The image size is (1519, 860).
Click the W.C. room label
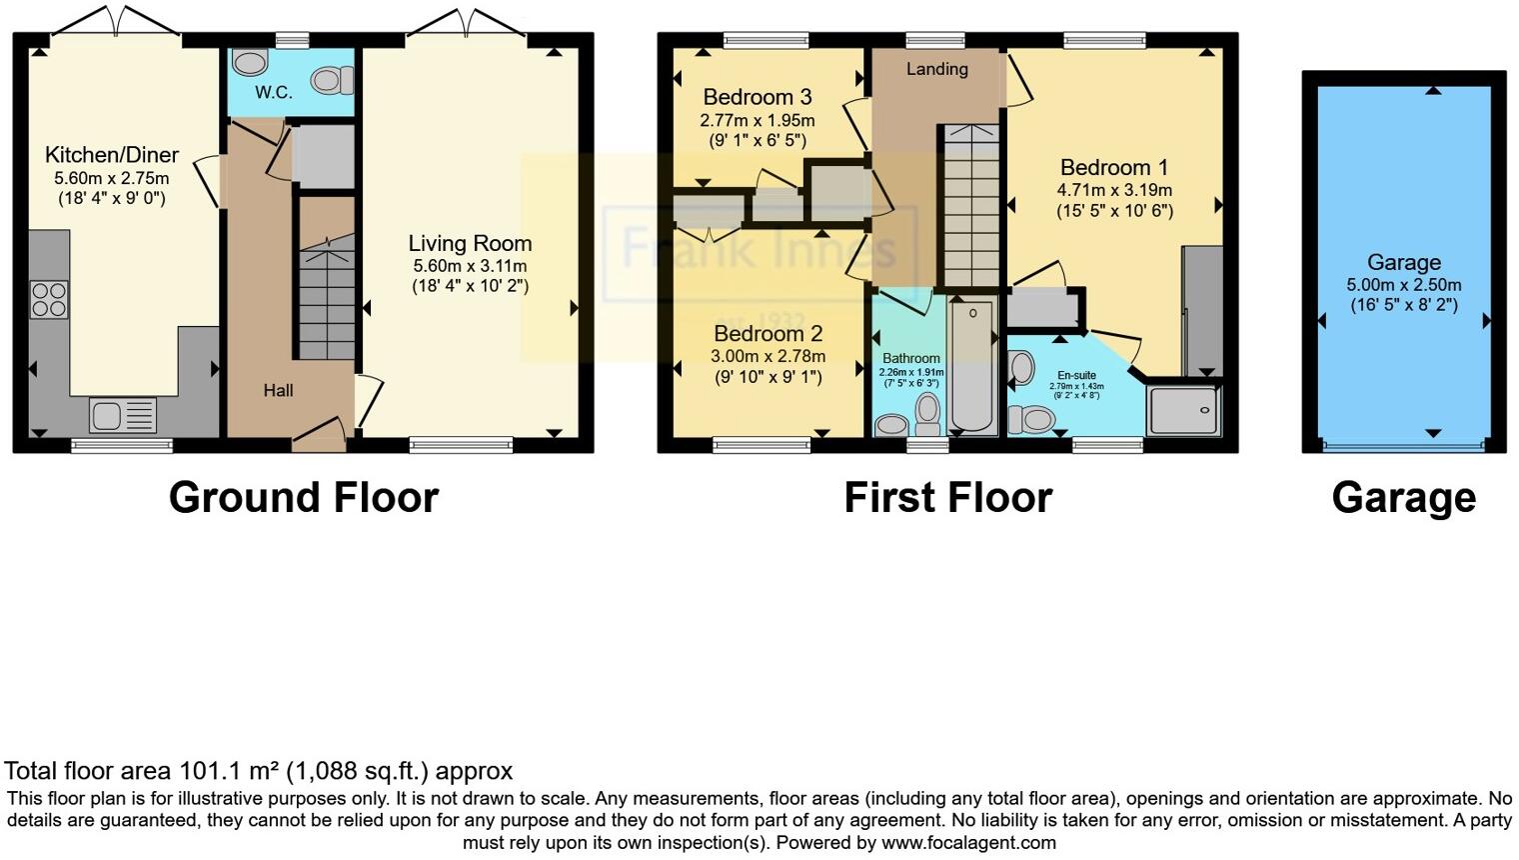coord(273,93)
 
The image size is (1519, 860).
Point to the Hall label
coord(278,391)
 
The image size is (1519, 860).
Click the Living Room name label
coord(470,243)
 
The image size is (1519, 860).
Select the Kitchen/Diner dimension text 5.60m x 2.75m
coord(112,178)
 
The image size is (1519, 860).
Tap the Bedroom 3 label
coord(757,97)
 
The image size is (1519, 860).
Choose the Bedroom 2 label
coord(767,334)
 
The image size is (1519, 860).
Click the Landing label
coord(936,69)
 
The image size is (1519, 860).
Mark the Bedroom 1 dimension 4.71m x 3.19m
coord(1114,190)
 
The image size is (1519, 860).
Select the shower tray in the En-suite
coord(1183,409)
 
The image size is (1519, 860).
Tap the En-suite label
coord(1076,375)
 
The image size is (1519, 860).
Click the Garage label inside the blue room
coord(1403,262)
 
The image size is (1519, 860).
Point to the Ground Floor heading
coord(304,497)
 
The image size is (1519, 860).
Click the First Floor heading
coord(947,497)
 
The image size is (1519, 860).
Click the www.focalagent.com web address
coord(968,842)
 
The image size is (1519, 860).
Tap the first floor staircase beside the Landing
coord(971,210)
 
